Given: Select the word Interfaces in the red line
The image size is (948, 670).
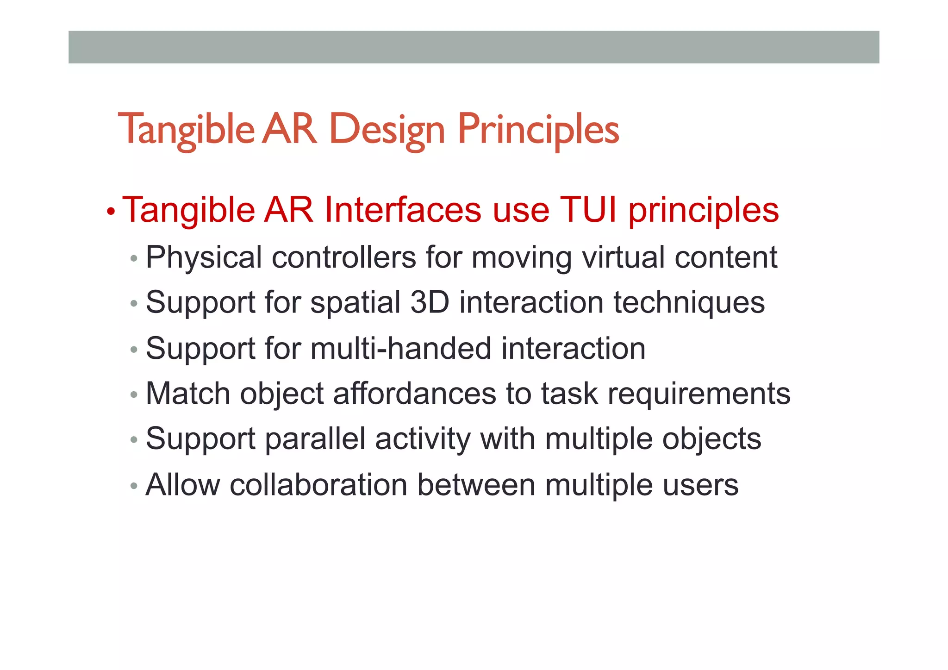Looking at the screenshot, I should click(x=403, y=210).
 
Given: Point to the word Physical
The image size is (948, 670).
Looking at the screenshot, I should click(x=204, y=257).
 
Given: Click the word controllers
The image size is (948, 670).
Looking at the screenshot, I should click(x=344, y=257).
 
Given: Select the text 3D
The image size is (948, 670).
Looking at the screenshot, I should click(x=430, y=302).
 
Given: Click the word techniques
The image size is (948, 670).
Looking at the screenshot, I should click(x=689, y=302).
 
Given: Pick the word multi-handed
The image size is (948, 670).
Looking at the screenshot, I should click(x=401, y=348).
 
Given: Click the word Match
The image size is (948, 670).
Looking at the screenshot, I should click(x=187, y=394).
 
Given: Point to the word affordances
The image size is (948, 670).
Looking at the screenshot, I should click(x=414, y=394).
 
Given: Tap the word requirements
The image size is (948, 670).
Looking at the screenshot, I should click(x=699, y=394).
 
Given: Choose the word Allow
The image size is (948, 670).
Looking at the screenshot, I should click(x=183, y=485).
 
